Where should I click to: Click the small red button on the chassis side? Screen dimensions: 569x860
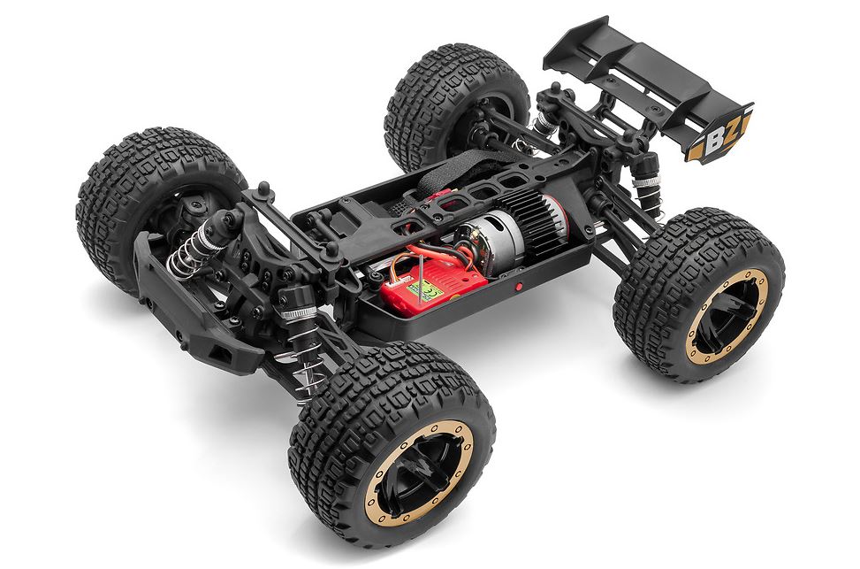point(519,287)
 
